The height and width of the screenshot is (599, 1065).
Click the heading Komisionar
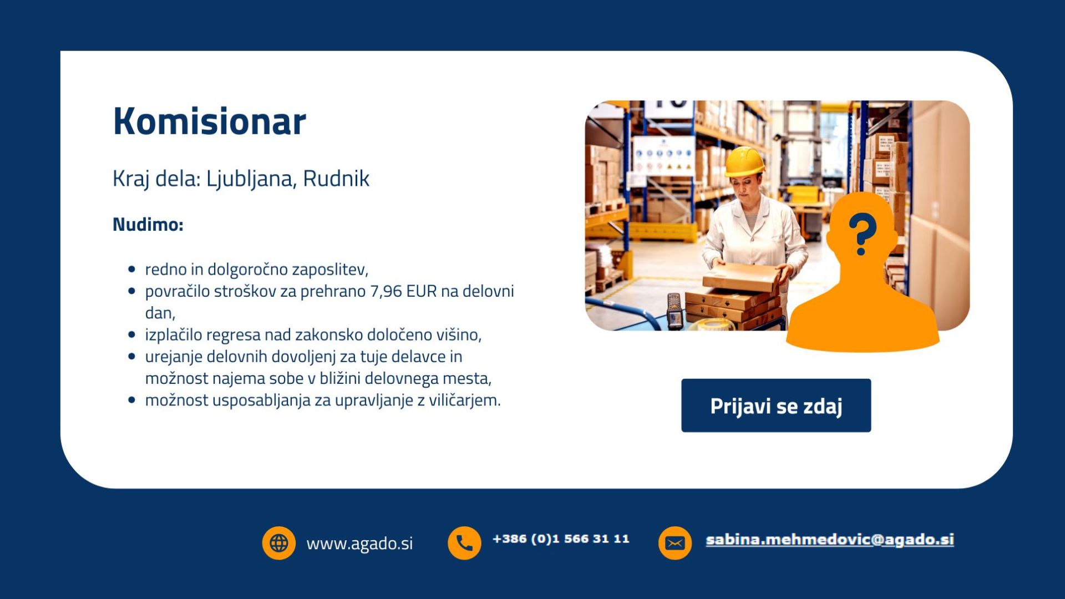[210, 121]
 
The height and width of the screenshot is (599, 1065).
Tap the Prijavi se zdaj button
[776, 405]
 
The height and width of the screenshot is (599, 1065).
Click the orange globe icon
[278, 543]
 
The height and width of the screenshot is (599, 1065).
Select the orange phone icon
[464, 543]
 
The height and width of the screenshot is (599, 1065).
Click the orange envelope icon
[674, 543]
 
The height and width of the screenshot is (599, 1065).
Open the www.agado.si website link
[359, 544]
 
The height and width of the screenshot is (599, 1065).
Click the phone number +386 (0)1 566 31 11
[561, 539]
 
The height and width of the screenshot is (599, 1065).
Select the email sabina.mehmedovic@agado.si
[830, 540]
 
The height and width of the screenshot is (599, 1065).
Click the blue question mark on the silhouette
[862, 234]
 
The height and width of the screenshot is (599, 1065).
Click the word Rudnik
[336, 179]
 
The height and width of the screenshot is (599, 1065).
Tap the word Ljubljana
[251, 179]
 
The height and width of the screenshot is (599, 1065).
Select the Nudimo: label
[148, 225]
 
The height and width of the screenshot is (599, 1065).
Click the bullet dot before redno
[131, 270]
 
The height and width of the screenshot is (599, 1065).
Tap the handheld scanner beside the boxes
[674, 311]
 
